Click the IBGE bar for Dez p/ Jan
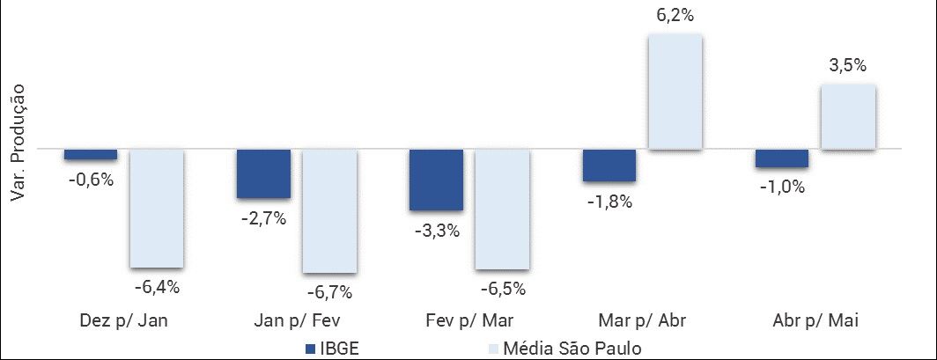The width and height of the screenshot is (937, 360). click(x=90, y=155)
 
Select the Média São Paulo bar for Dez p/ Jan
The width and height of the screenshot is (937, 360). click(x=156, y=209)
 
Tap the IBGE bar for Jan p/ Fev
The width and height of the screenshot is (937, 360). click(x=263, y=174)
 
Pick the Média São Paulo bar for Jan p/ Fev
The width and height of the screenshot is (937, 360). click(x=329, y=211)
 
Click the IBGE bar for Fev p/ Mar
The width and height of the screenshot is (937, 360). click(x=436, y=180)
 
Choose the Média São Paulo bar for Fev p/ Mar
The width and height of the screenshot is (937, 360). click(x=502, y=209)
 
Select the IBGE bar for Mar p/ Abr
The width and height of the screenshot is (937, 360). click(x=609, y=165)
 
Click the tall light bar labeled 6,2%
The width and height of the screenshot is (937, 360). click(x=675, y=92)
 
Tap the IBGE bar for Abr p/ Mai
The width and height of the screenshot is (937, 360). click(x=781, y=158)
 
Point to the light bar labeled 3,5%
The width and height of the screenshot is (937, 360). click(x=848, y=117)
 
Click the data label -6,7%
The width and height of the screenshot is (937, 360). click(x=329, y=291)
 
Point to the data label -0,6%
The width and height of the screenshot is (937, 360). click(x=90, y=180)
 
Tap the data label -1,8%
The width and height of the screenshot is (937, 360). click(x=609, y=202)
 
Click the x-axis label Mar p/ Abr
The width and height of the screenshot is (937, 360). click(x=642, y=320)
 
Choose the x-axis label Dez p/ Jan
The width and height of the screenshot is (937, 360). click(x=123, y=320)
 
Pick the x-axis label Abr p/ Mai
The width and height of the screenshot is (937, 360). click(x=815, y=320)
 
